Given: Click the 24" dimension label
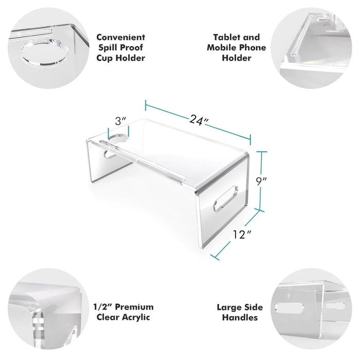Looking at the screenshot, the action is pos(199,120).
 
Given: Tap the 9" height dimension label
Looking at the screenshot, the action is pos(261,182).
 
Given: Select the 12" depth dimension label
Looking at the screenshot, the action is pos(242,235).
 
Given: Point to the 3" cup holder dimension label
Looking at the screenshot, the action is pos(120,121).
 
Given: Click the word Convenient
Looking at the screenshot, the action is pos(120,37).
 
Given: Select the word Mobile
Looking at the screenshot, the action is pos(222,47).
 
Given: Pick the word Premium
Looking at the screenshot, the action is pos(134,307).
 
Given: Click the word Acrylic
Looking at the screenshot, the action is pos(136,317).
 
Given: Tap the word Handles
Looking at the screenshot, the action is pos(240,317).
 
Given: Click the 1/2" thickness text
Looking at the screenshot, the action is pos(103,307).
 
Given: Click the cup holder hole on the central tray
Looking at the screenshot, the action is pos(118,137).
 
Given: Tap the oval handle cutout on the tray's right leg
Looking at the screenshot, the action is pos(226,199).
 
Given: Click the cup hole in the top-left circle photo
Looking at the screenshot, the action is pos(44,53).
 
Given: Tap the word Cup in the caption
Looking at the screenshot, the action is pos(104,58).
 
